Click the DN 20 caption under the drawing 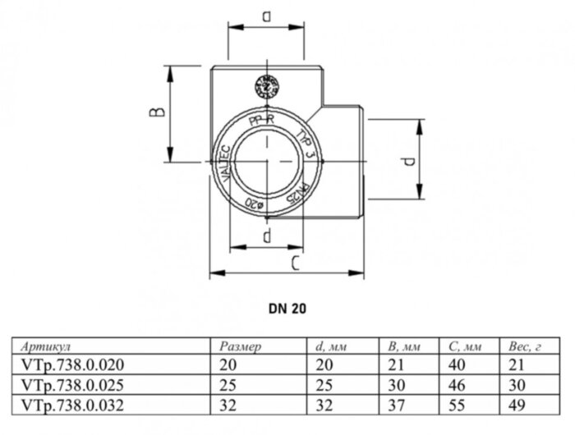pyautogui.click(x=287, y=309)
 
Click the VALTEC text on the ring pyautogui.click(x=221, y=161)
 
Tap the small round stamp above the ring pyautogui.click(x=265, y=85)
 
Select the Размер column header pyautogui.click(x=241, y=346)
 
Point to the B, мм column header pyautogui.click(x=402, y=346)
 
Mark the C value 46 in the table pyautogui.click(x=457, y=384)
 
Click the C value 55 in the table pyautogui.click(x=457, y=403)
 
